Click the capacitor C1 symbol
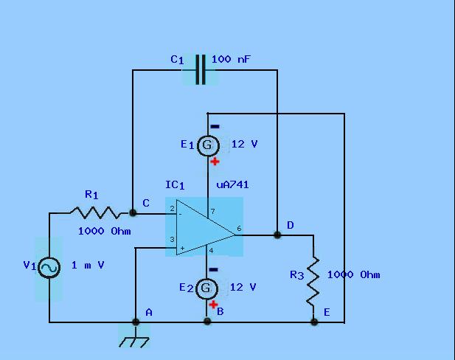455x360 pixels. pos(201,69)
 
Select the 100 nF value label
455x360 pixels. pos(231,59)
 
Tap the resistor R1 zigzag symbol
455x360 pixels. pos(95,212)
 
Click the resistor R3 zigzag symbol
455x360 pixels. pos(313,281)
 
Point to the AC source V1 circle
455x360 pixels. pos(49,267)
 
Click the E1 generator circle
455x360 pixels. pos(208,145)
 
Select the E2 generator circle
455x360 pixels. pos(206,288)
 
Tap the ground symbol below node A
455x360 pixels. pos(134,342)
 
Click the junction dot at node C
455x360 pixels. pos(133,213)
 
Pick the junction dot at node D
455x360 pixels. pos(277,235)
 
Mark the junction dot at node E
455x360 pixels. pos(314,322)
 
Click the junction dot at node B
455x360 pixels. pos(207,321)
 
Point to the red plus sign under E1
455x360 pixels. pos(215,162)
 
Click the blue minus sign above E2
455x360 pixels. pos(213,270)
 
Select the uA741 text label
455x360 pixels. pos(232,185)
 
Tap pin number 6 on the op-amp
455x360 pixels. pos(239,229)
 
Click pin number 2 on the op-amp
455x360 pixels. pos(172,209)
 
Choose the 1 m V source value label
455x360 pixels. pos(88,265)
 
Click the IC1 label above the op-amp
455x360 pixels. pos(175,185)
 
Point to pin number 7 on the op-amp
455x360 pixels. pos(213,212)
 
